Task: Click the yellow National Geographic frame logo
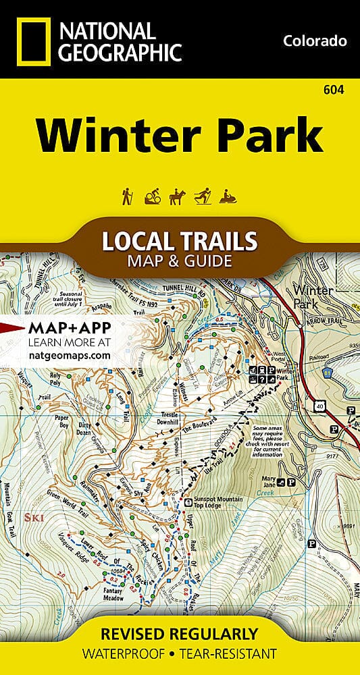(x=31, y=40)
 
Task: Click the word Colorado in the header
(x=315, y=41)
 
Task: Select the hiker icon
(x=126, y=196)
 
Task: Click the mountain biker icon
(x=151, y=196)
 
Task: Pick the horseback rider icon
(x=177, y=196)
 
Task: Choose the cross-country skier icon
(x=203, y=196)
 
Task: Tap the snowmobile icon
(x=230, y=196)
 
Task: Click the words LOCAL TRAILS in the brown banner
(x=180, y=240)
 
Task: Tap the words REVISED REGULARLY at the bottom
(x=180, y=634)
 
